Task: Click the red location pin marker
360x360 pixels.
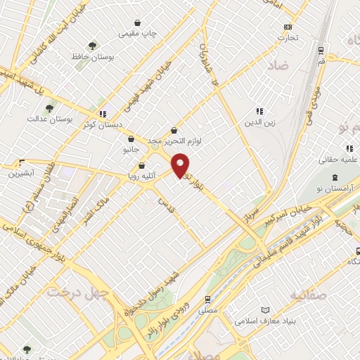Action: point(181,165)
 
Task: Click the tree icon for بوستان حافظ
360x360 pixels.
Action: point(91,45)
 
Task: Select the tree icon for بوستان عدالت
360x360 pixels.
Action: point(49,108)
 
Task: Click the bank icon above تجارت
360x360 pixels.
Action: point(288,27)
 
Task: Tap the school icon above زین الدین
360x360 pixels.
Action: point(259,111)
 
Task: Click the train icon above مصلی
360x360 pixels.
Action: point(207,297)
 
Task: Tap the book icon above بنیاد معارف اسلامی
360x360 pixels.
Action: point(265,310)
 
